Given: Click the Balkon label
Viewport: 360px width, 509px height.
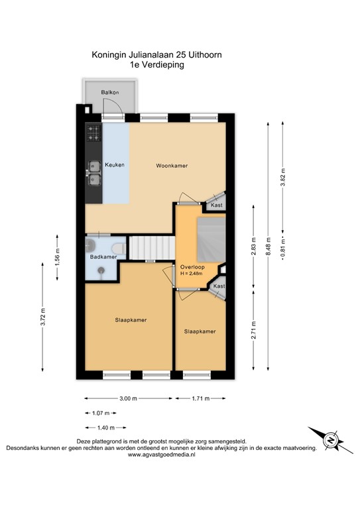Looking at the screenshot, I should pos(109,92).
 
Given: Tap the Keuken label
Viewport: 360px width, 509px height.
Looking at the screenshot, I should pos(114,164).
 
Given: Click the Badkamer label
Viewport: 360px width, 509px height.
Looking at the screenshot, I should pos(103,256).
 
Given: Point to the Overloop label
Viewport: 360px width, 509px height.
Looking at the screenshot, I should pos(192,267).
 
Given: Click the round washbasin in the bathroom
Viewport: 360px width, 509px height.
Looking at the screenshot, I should pos(100,270).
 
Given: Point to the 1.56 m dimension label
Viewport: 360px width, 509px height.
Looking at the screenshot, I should pos(57,256).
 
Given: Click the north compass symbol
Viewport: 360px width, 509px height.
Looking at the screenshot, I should pos(330,437).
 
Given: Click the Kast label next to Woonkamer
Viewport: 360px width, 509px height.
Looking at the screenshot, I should pos(216,206).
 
